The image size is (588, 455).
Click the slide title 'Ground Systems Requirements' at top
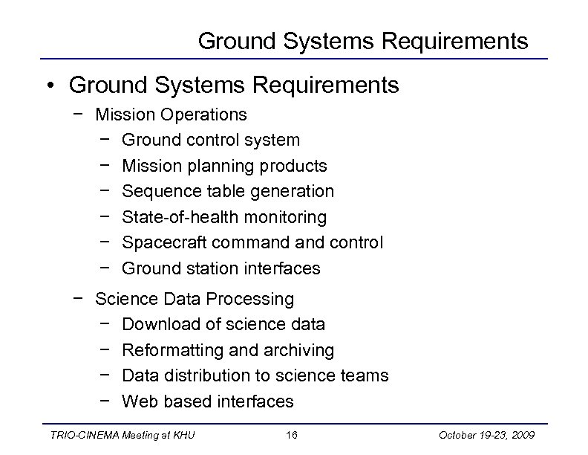tap(363, 41)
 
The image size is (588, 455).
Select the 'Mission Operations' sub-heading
tap(171, 114)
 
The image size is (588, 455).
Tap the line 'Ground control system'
tap(211, 140)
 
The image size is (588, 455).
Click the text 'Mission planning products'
tap(224, 165)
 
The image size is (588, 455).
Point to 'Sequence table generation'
tap(228, 191)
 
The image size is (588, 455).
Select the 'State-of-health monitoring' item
tap(224, 217)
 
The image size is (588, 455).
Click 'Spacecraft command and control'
tap(252, 242)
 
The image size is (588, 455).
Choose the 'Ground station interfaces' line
tap(221, 268)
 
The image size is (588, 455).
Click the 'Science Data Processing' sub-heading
tap(195, 299)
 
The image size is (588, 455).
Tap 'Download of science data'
tap(223, 324)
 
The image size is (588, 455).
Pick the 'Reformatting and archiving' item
tap(228, 350)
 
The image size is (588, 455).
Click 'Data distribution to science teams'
tap(255, 375)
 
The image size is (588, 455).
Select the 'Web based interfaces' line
tap(208, 401)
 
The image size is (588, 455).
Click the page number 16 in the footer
tap(294, 435)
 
